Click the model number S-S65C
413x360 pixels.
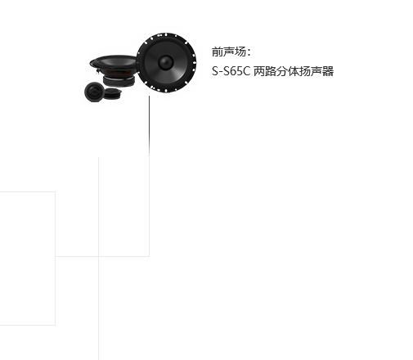click(x=231, y=71)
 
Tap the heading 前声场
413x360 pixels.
click(x=229, y=52)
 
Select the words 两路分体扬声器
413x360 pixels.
click(x=294, y=71)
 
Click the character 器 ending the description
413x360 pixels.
click(x=328, y=71)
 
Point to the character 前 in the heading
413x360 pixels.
click(x=218, y=52)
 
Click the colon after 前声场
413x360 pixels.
click(x=249, y=52)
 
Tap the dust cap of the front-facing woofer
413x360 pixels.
click(x=166, y=62)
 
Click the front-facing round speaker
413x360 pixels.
click(x=166, y=63)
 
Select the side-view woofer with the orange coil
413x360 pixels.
click(x=113, y=70)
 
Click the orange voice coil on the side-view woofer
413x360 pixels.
click(x=117, y=72)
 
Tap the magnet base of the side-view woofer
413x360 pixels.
click(x=119, y=81)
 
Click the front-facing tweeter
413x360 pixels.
click(x=94, y=92)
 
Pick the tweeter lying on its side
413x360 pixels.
click(x=113, y=94)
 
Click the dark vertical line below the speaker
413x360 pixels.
click(x=149, y=124)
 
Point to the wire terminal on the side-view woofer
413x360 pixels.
click(x=97, y=72)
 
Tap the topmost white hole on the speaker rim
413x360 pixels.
click(x=166, y=34)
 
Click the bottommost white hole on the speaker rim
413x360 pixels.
click(x=166, y=91)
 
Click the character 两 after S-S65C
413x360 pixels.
click(x=259, y=71)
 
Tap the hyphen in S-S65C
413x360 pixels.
click(x=221, y=73)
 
